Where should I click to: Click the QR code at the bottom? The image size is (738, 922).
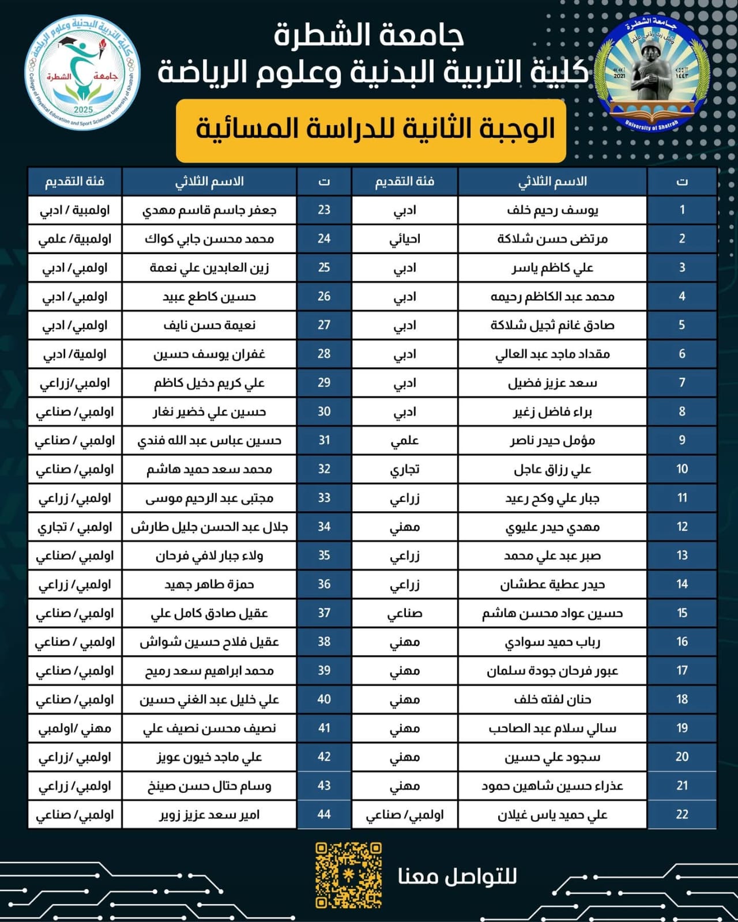[x=348, y=875]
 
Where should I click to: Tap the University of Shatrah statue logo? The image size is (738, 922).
[x=652, y=74]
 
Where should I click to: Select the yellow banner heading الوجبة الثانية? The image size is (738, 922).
[x=371, y=130]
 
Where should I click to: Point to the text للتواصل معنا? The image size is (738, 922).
[x=457, y=876]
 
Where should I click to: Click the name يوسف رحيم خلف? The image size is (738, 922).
[x=552, y=210]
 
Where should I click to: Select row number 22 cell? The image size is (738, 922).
[x=682, y=814]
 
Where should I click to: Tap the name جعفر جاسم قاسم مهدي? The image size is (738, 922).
[x=209, y=210]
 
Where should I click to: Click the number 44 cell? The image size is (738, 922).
[x=324, y=814]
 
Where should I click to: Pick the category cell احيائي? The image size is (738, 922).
[x=405, y=239]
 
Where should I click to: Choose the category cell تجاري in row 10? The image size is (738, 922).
[x=405, y=469]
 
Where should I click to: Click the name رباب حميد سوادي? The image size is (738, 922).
[x=552, y=642]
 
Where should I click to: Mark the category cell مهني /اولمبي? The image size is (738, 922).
[x=75, y=728]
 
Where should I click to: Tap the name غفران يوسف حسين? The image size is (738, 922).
[x=209, y=354]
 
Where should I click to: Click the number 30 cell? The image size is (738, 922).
[x=324, y=411]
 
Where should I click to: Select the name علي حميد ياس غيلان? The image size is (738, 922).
[x=552, y=814]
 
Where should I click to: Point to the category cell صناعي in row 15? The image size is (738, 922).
[x=405, y=613]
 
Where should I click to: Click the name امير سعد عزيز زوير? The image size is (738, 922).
[x=209, y=814]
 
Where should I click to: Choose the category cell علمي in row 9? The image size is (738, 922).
[x=405, y=441]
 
